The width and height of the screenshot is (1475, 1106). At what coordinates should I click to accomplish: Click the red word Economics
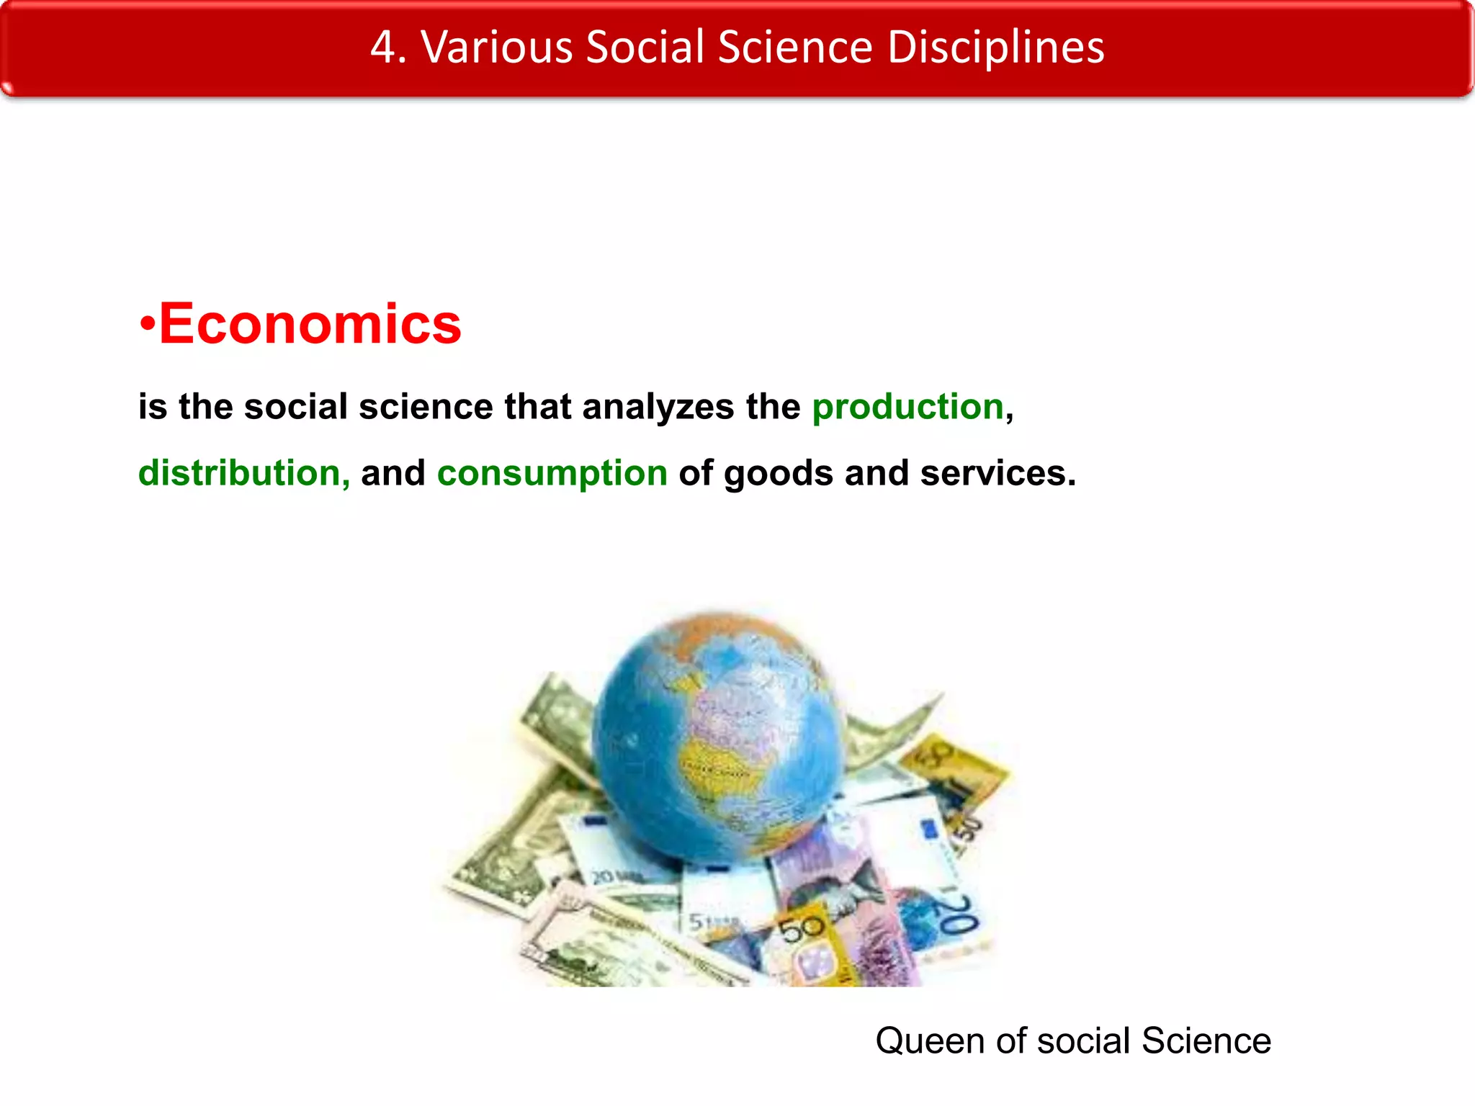tap(310, 324)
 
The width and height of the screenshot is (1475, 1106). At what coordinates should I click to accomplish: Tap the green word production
tap(907, 407)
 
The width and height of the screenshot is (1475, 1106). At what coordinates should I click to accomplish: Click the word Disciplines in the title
tap(996, 48)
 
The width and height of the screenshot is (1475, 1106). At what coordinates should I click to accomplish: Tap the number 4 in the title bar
tap(383, 48)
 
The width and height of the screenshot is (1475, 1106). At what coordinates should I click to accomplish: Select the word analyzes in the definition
tap(658, 408)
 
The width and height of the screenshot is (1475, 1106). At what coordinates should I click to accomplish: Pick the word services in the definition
tap(997, 474)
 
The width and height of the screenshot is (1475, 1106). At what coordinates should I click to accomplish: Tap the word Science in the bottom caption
tap(1206, 1040)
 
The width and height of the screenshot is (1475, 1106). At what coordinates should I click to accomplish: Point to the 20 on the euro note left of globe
tap(604, 877)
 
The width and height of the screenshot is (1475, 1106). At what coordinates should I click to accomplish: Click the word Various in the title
tap(497, 48)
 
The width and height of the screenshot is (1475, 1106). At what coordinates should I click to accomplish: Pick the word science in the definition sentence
tap(426, 407)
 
